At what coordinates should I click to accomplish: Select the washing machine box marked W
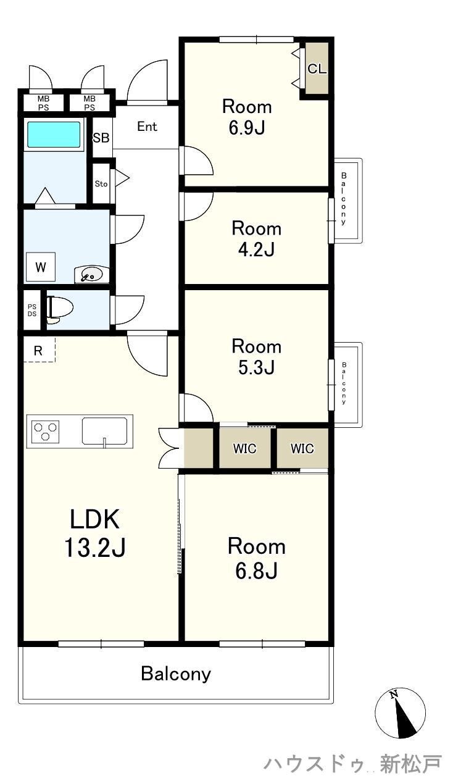pos(41,267)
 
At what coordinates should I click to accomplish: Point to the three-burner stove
pos(45,432)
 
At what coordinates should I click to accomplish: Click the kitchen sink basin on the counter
pos(104,431)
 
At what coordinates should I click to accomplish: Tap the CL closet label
pos(317,69)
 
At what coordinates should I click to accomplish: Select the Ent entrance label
pos(147,126)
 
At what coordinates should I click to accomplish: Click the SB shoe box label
pos(101,138)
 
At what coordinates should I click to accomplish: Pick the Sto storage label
pos(101,184)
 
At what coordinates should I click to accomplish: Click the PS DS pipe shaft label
pos(32,311)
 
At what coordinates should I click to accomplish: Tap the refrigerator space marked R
pos(38,351)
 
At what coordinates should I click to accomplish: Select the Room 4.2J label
pos(257,239)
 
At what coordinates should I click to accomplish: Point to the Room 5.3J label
pos(257,357)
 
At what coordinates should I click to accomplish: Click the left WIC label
pos(244,448)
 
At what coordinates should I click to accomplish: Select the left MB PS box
pos(44,103)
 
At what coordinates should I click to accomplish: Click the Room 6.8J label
pos(257,559)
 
